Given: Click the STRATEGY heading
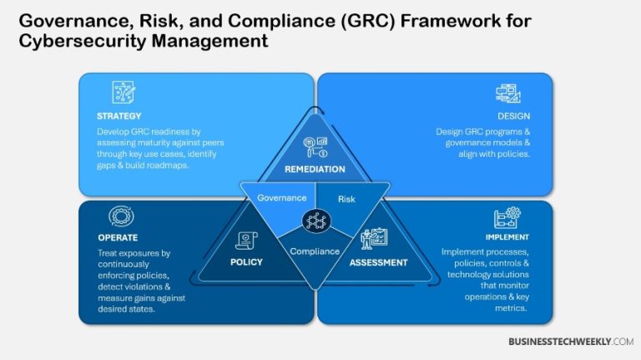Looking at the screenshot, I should [x=119, y=116].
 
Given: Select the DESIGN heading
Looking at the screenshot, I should [x=513, y=116].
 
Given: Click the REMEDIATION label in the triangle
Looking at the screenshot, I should [x=315, y=169].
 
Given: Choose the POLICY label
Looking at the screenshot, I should [x=246, y=262].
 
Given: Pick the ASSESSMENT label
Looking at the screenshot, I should [x=379, y=262].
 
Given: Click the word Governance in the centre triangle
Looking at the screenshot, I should [x=276, y=198].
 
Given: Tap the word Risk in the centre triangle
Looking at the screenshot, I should [x=346, y=199].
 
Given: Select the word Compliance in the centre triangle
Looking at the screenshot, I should [x=315, y=251].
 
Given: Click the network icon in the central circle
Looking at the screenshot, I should [x=315, y=221].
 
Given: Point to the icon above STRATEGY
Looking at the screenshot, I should [x=124, y=92].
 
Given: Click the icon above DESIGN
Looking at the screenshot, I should [x=507, y=93].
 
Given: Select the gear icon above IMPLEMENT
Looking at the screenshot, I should [x=507, y=216].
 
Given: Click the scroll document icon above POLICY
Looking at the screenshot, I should [x=248, y=241].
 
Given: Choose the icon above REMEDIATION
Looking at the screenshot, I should [x=315, y=147].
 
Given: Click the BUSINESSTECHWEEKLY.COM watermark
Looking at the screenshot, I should [x=571, y=342].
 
